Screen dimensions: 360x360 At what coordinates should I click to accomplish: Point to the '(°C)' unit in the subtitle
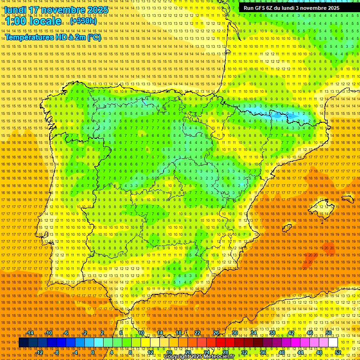[94, 37]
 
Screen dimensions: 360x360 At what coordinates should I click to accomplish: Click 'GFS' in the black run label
[260, 8]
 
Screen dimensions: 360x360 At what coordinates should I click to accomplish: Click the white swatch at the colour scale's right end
[333, 343]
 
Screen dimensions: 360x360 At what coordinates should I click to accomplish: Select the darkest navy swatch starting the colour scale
[23, 343]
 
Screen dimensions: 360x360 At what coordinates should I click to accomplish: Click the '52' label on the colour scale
[338, 352]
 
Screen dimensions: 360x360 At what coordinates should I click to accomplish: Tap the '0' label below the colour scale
[93, 352]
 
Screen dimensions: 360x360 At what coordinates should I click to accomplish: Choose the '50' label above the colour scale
[329, 333]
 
